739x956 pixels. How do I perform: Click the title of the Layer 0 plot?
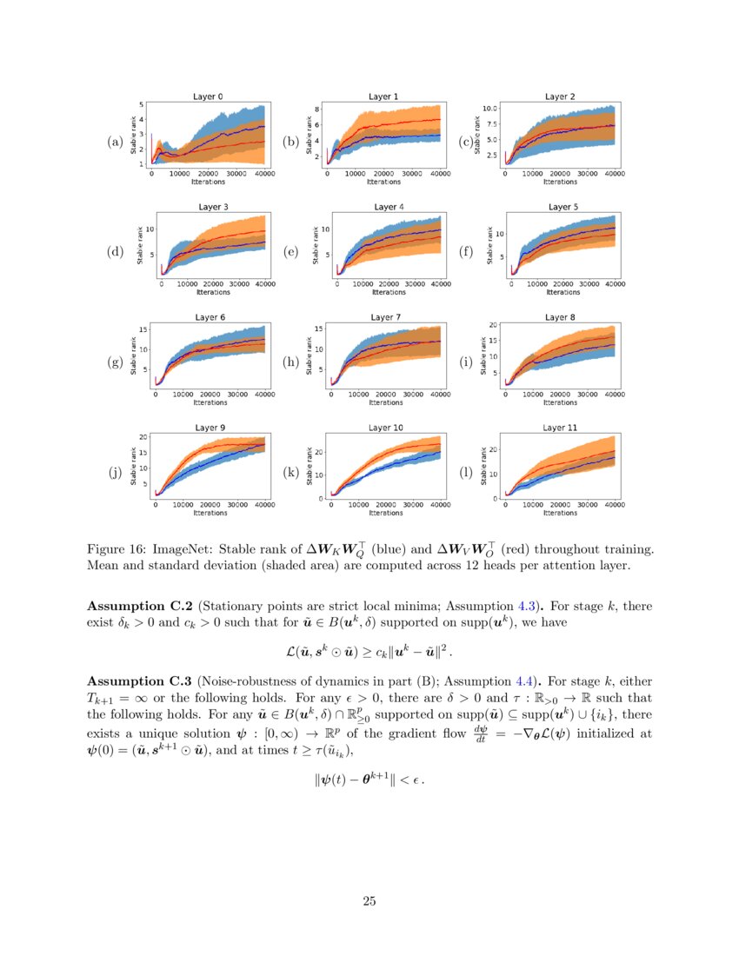(x=207, y=97)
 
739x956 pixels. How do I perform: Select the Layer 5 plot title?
(x=560, y=207)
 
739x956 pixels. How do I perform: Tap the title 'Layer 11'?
(x=560, y=428)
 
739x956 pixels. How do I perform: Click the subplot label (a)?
(x=114, y=142)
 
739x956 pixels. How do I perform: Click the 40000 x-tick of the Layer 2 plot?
(x=614, y=174)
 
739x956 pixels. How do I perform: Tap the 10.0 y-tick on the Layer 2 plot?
(x=489, y=109)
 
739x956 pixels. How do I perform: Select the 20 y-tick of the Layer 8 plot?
(x=493, y=325)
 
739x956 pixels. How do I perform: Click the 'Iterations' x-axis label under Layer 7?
(x=383, y=402)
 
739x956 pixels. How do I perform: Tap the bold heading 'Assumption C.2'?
(x=140, y=605)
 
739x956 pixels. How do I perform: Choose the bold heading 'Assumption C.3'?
(x=140, y=680)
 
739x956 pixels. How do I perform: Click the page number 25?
(x=369, y=901)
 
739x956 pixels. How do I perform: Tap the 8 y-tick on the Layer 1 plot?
(x=317, y=110)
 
